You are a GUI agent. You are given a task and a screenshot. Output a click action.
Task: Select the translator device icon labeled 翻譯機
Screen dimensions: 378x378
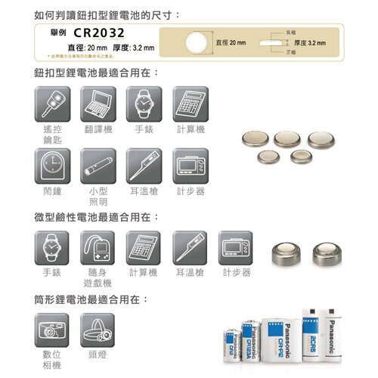tap(99, 104)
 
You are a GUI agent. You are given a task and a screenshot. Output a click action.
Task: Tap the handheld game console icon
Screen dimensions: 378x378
tap(99, 247)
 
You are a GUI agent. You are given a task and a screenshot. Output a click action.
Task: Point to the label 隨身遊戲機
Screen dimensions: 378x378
tap(99, 277)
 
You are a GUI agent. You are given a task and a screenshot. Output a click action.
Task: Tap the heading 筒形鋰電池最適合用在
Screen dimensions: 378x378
tap(91, 300)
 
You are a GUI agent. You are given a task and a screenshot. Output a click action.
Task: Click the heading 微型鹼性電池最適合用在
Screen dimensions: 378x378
tap(97, 218)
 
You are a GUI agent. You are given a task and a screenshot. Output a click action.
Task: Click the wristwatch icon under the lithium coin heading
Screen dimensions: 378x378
tap(144, 104)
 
